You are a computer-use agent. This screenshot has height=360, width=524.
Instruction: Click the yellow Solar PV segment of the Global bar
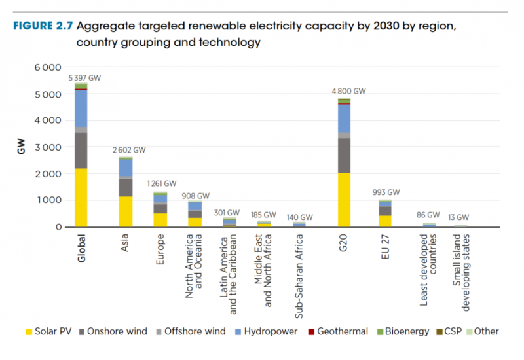81,197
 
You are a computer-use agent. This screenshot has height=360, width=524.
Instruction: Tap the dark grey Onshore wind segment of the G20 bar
344,155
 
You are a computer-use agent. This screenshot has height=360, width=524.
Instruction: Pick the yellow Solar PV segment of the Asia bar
126,211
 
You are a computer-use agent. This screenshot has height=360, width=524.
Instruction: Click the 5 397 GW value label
85,78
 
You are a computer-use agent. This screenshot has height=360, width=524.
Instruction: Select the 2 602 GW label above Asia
129,150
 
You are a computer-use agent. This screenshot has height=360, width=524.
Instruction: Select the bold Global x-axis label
82,248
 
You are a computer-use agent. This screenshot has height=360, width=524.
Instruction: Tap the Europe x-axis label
160,249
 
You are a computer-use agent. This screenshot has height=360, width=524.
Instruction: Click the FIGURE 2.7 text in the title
43,27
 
